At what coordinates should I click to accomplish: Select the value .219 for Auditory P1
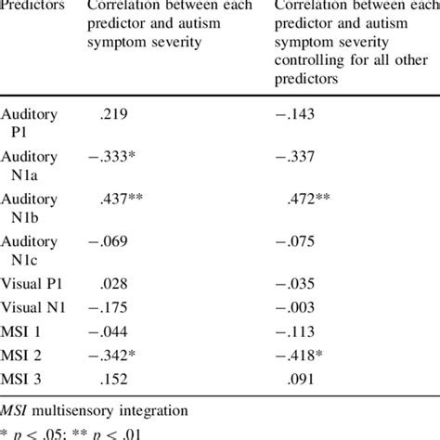pos(113,115)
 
